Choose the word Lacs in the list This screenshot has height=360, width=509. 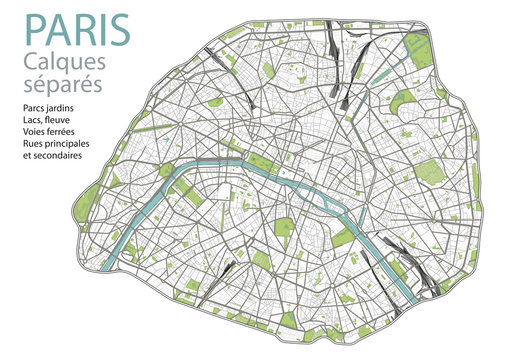[31, 121]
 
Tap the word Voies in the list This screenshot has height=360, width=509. [32, 133]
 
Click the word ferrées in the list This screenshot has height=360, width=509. [65, 133]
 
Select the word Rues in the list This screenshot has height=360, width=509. [31, 145]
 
